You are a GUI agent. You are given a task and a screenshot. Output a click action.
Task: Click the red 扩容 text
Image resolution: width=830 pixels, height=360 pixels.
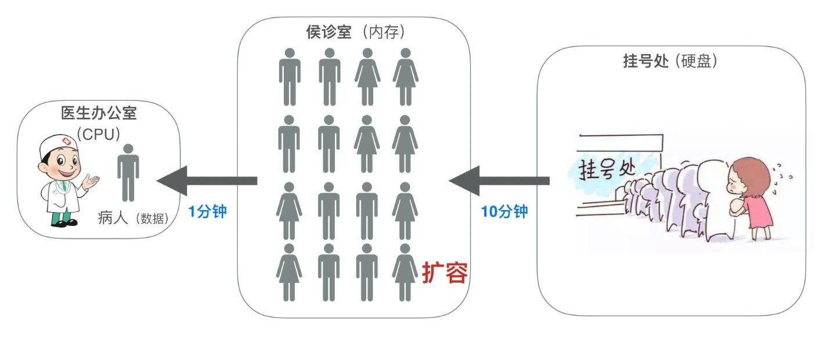[445, 272]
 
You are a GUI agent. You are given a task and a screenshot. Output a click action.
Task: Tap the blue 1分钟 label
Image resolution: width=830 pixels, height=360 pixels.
[207, 211]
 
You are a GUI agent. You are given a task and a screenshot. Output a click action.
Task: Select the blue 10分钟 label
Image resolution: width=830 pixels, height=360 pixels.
[504, 211]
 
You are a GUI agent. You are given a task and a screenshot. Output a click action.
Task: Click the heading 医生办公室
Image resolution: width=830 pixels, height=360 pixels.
[99, 113]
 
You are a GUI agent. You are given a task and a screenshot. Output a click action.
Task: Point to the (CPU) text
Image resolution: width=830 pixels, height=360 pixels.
[99, 134]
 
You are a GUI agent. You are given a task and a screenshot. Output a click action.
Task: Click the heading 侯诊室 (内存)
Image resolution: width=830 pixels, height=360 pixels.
[355, 32]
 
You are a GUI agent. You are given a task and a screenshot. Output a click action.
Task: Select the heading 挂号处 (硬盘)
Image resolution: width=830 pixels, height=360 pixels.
[670, 61]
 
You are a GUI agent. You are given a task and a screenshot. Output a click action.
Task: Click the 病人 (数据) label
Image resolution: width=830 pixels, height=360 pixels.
[133, 218]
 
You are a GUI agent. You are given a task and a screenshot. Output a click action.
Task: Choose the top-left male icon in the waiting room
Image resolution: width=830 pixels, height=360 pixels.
[289, 76]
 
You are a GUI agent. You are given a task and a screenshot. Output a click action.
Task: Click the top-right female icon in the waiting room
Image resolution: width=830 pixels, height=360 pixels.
[405, 76]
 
